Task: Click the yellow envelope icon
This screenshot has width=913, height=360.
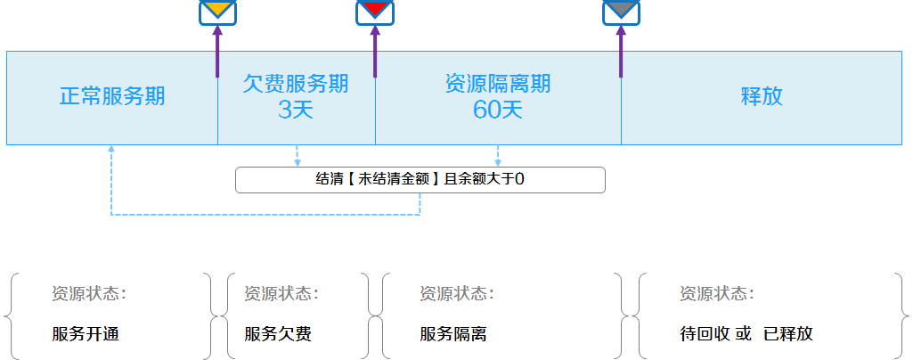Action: coord(217,12)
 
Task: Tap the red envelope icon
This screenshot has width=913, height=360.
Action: coord(375,12)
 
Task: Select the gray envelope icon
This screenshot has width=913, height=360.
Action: coord(621,12)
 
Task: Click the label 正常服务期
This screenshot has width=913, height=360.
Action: coord(112,96)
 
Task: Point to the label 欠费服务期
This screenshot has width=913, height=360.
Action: coord(296,84)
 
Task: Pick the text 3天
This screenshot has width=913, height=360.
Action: coord(296,109)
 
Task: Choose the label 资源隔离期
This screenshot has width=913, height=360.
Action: coord(498,84)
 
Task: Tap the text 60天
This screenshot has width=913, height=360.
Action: coord(498,109)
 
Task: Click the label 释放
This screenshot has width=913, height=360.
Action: coord(762,96)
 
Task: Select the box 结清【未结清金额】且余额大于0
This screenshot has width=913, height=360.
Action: coord(420,179)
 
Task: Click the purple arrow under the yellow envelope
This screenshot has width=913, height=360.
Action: coord(217,52)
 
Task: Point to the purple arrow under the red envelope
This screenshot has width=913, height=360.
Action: coord(375,52)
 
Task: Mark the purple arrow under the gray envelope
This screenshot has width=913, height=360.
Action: coord(621,52)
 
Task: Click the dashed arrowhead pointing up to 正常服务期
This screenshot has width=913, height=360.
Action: coord(111,149)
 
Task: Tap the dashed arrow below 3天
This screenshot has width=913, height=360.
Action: coord(298,156)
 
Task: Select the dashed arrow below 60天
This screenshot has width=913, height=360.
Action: coord(498,156)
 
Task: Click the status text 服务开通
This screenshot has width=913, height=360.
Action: coord(86,334)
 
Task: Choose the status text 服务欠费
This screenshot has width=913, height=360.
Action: coord(278,334)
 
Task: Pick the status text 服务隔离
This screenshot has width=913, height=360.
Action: coord(453,334)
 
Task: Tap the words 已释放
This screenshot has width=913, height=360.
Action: coord(788,334)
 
